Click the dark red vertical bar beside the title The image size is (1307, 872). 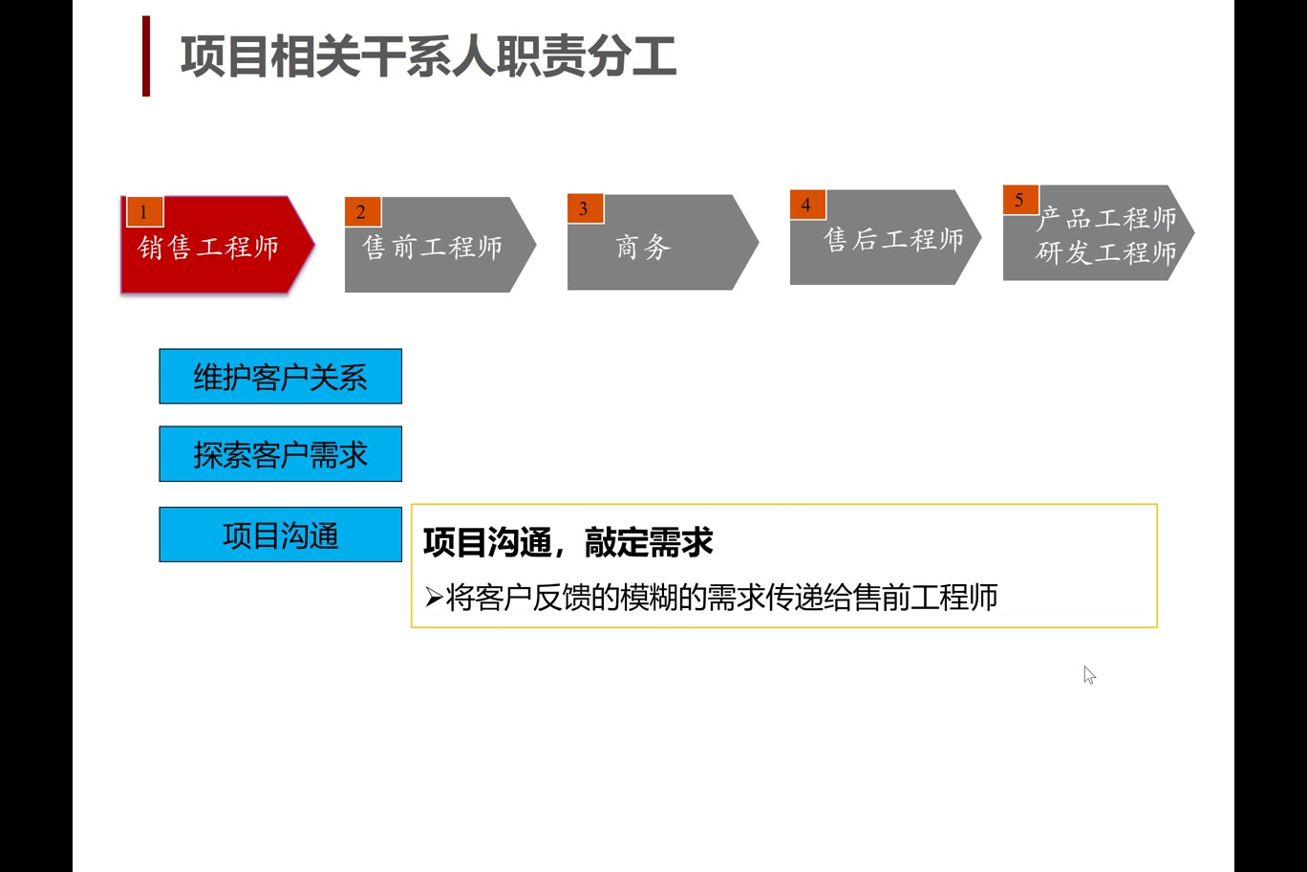tap(146, 55)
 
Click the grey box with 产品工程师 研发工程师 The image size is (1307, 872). tap(1099, 233)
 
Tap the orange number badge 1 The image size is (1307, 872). tap(144, 211)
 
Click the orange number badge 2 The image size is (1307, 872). tap(362, 211)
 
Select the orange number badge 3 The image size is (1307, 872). tap(585, 208)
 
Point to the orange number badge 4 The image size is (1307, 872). tap(807, 205)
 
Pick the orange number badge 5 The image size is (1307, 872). tap(1020, 200)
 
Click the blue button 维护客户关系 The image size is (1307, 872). tap(280, 377)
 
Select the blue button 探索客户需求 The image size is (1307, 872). tap(280, 454)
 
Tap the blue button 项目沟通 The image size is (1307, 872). tap(280, 534)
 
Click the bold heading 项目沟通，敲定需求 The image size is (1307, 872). tap(568, 542)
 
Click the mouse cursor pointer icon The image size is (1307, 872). tap(1089, 675)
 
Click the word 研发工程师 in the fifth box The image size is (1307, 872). tap(1106, 252)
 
